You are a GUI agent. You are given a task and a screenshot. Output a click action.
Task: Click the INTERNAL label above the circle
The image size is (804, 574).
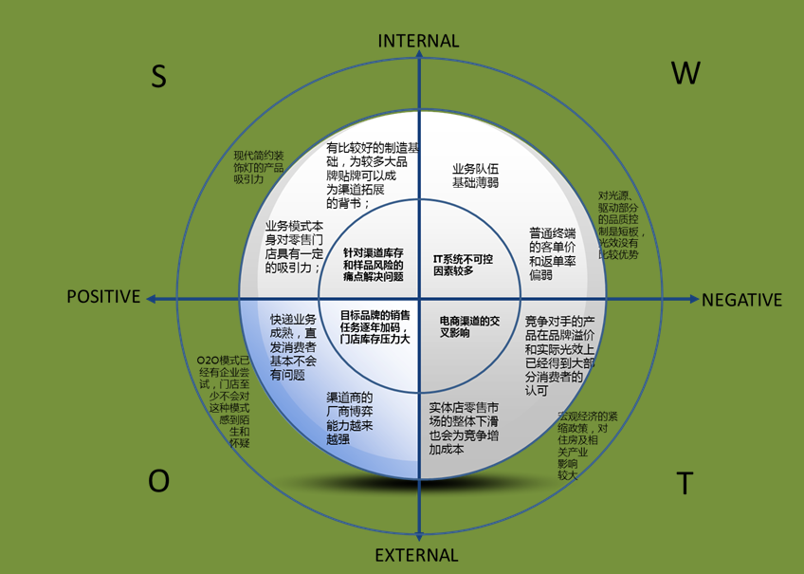(418, 41)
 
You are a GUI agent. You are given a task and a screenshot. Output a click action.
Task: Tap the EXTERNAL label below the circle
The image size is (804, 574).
(417, 555)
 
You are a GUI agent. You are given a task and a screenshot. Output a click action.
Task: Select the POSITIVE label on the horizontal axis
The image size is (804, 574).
(103, 297)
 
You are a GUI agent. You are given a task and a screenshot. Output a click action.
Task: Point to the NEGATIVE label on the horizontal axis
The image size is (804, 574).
(741, 300)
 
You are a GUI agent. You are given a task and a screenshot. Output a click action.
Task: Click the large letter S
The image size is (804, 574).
(158, 78)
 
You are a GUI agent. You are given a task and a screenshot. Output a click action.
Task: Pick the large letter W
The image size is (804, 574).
(685, 73)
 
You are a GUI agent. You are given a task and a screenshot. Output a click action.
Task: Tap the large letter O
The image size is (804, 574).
(158, 481)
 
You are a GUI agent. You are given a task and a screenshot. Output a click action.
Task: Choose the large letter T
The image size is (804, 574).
(684, 484)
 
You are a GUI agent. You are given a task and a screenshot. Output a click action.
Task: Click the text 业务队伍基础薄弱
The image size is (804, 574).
(475, 176)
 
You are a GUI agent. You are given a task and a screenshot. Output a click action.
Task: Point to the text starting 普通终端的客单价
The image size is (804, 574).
(553, 253)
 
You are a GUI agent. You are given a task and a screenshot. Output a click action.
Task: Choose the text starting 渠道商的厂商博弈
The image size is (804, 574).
(350, 418)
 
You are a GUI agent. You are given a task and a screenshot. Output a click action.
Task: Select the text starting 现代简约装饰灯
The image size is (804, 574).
(259, 167)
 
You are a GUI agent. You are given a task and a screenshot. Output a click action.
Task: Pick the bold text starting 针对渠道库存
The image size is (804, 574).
(374, 264)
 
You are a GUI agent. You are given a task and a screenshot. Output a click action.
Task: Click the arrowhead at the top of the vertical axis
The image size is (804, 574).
(418, 59)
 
